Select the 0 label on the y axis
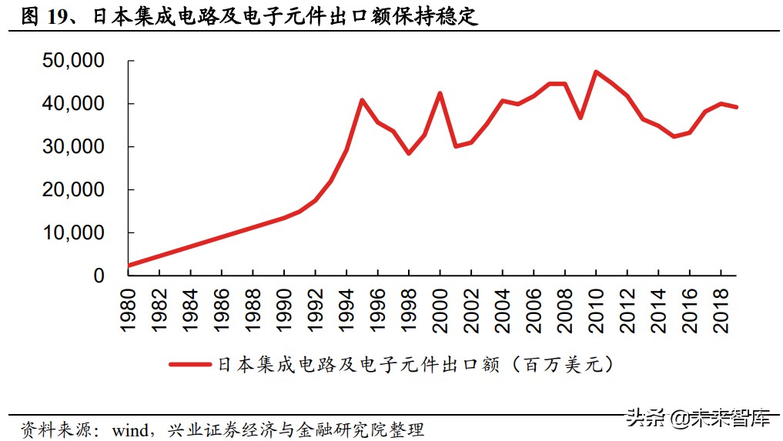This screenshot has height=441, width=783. pyautogui.click(x=99, y=276)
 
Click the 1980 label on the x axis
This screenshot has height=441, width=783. pyautogui.click(x=128, y=311)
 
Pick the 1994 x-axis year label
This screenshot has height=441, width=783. pyautogui.click(x=346, y=311)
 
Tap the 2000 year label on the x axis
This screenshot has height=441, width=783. pyautogui.click(x=440, y=311)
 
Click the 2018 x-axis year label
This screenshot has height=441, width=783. pyautogui.click(x=721, y=311)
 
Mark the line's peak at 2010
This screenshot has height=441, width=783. pyautogui.click(x=596, y=72)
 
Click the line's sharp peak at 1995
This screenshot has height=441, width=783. pyautogui.click(x=362, y=100)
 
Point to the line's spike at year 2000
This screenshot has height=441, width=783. pyautogui.click(x=440, y=93)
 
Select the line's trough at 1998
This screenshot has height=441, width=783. pyautogui.click(x=409, y=153)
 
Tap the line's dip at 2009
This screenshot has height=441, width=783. pyautogui.click(x=581, y=118)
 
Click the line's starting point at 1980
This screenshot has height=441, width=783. pyautogui.click(x=129, y=266)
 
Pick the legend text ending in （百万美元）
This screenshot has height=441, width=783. pyautogui.click(x=416, y=364)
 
